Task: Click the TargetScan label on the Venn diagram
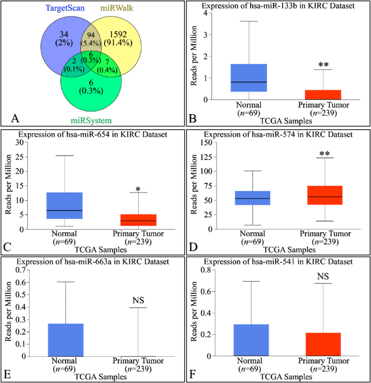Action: [65, 8]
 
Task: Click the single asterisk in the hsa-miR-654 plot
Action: [138, 189]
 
